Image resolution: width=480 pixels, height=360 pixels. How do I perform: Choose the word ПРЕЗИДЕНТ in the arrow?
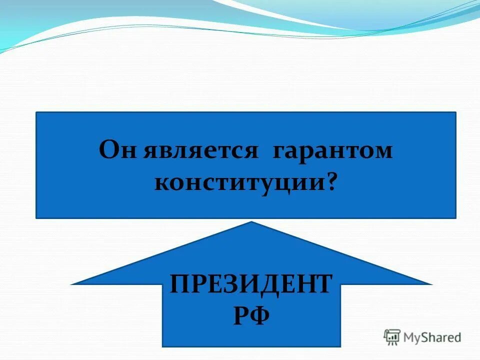point(250,284)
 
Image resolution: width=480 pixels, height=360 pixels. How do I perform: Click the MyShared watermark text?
point(432,337)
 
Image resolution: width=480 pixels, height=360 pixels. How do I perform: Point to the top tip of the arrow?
point(251,222)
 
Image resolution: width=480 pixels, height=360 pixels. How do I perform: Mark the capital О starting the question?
point(109,150)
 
